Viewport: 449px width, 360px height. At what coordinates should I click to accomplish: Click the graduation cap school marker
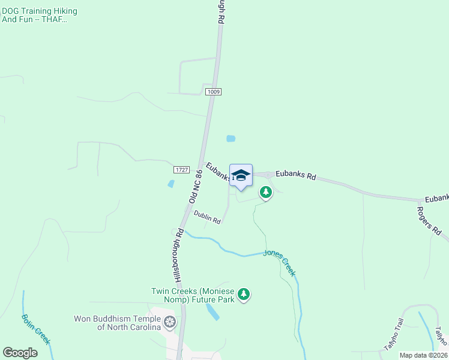tap(241, 176)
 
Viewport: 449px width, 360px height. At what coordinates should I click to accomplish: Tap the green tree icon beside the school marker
tap(265, 192)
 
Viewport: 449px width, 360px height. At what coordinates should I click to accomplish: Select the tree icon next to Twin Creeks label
tap(243, 294)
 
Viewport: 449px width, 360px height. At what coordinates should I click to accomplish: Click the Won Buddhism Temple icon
tap(170, 323)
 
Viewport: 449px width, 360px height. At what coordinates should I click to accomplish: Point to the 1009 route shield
tap(213, 92)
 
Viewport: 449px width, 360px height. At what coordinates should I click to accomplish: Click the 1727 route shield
tap(182, 170)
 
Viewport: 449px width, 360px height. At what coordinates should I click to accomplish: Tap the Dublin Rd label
tap(208, 221)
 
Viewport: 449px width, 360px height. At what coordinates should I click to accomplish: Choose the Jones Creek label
tap(280, 263)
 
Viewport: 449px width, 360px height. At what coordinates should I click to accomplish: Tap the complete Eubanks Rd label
tap(295, 176)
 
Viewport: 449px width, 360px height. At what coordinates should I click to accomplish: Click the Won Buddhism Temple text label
tap(117, 323)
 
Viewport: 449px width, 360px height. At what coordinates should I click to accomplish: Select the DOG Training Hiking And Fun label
tap(40, 16)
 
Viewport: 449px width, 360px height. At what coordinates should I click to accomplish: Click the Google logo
tap(20, 352)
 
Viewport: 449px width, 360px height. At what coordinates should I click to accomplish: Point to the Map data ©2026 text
tap(423, 355)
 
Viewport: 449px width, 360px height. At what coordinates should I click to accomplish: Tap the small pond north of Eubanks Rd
tap(231, 139)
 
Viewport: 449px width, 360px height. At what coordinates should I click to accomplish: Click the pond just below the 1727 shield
tap(171, 184)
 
